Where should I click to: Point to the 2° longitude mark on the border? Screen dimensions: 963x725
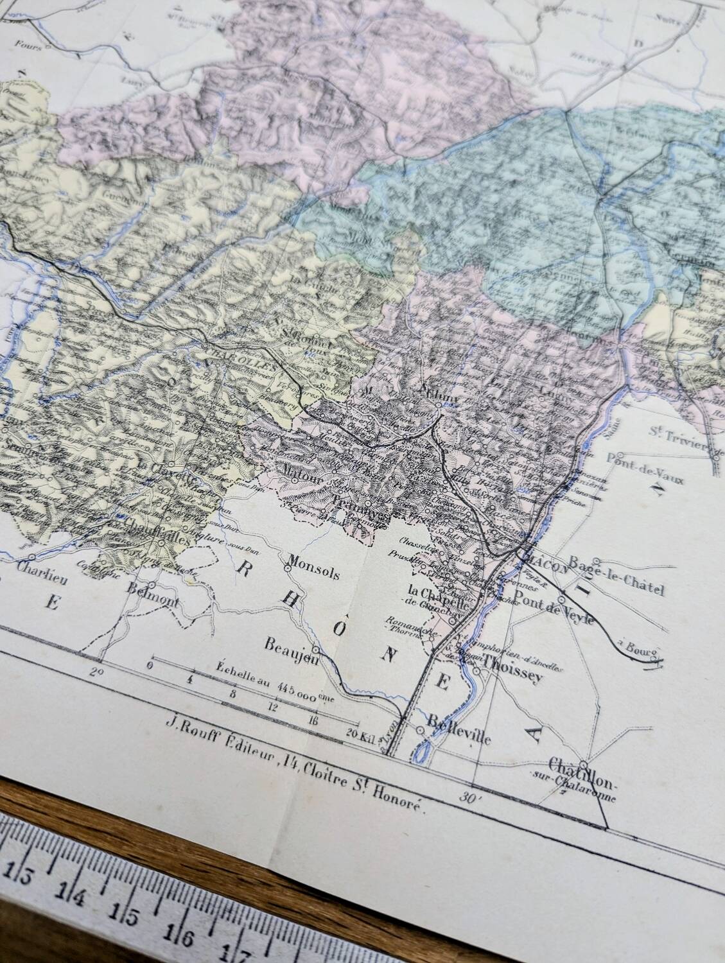pyautogui.click(x=96, y=672)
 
